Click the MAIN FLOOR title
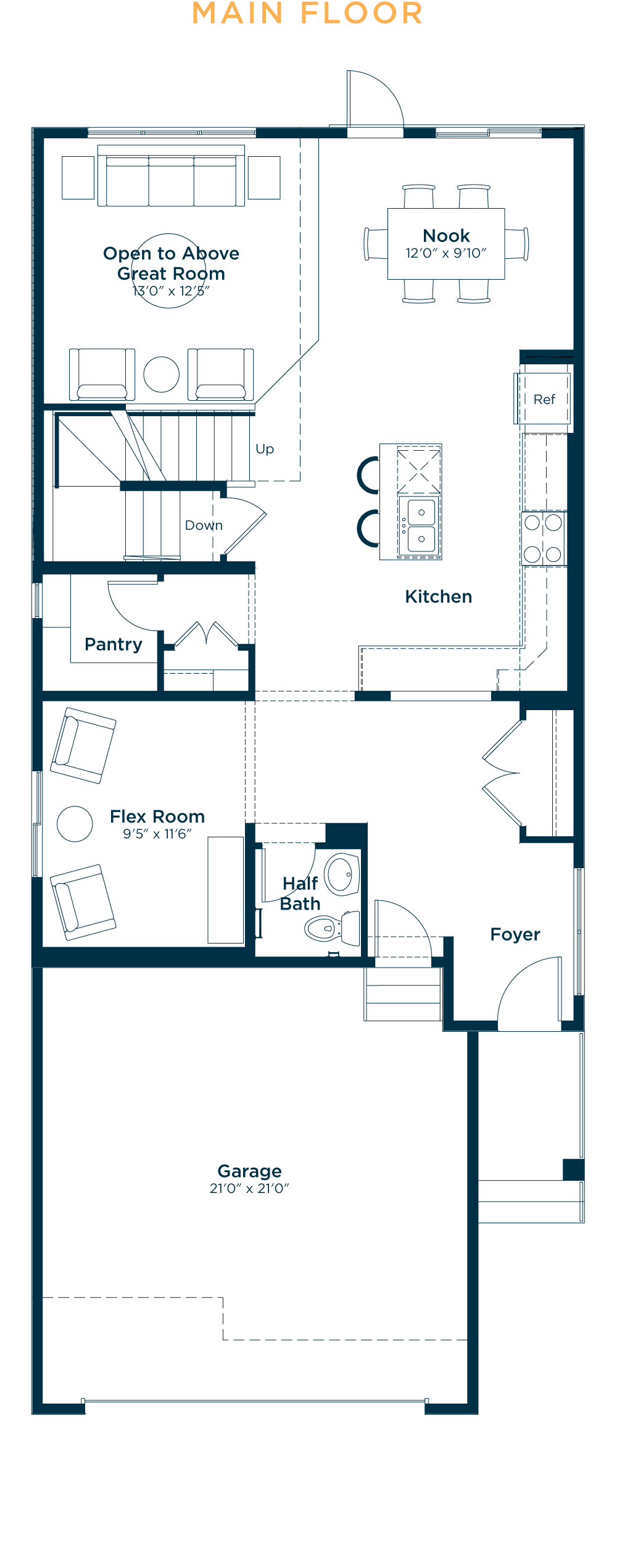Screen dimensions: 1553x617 point(307,14)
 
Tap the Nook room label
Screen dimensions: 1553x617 point(446,236)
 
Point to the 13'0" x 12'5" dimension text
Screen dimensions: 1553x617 point(171,291)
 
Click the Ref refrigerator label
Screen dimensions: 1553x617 point(544,400)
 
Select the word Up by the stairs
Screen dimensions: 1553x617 point(265,449)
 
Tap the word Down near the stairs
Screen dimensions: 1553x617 point(204,525)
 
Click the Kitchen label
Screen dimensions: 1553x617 point(438,597)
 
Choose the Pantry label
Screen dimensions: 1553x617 point(114,644)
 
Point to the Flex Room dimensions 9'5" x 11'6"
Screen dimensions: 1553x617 point(157,834)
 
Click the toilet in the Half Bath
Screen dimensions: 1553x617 point(331,927)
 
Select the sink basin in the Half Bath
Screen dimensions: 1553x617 point(341,874)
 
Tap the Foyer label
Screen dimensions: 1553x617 point(515,934)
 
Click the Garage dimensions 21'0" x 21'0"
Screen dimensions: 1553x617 point(249,1189)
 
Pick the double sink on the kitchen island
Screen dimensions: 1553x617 point(421,525)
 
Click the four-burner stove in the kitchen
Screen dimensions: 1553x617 point(543,538)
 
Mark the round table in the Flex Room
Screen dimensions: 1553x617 point(75,824)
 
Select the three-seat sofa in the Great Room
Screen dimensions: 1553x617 point(171,180)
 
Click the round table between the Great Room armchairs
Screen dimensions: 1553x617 point(161,374)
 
